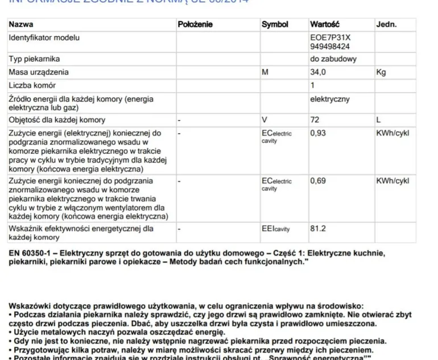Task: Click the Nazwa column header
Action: click(21, 24)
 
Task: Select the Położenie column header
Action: click(195, 24)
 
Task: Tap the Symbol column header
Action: click(275, 24)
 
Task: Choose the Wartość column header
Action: click(324, 24)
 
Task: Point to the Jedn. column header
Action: click(386, 24)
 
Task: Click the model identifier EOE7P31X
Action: click(330, 38)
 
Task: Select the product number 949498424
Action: click(330, 47)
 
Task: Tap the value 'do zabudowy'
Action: click(333, 59)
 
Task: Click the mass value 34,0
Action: click(318, 72)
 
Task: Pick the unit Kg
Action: click(381, 72)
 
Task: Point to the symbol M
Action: click(265, 72)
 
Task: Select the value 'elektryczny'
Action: click(330, 99)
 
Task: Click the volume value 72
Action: click(315, 120)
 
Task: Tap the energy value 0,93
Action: click(318, 133)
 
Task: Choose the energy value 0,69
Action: click(318, 181)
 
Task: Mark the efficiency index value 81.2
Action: click(318, 229)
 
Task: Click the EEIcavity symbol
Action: click(276, 229)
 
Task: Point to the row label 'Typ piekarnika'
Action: click(34, 59)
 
